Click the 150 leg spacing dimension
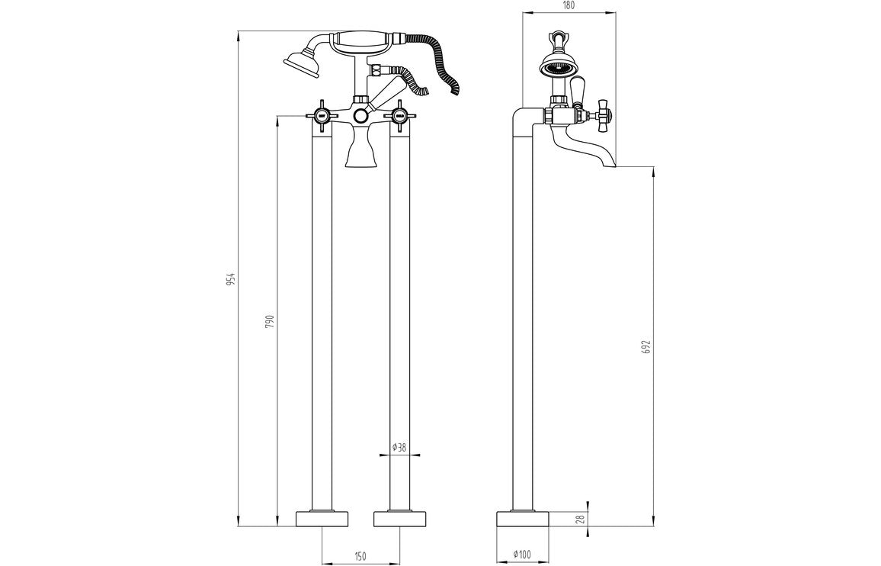361,555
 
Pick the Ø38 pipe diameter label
399,448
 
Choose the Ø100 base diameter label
523,555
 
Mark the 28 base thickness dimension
580,519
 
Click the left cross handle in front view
322,116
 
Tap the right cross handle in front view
399,116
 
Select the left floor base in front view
322,519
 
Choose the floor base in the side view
523,519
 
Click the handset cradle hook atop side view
559,38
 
